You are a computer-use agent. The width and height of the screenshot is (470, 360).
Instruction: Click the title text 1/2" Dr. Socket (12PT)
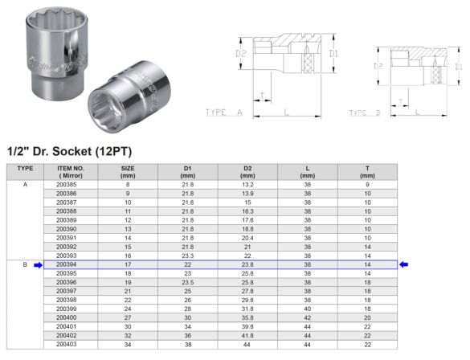coord(69,151)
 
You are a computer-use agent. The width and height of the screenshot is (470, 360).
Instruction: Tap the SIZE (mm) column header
coord(127,171)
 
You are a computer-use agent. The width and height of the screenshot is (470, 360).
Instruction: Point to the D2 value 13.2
coord(247,184)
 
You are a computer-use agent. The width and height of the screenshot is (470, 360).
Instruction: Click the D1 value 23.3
coord(187,256)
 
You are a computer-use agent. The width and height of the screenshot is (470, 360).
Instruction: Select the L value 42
coord(307,317)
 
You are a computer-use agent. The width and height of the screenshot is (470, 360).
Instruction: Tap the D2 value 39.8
coord(247,326)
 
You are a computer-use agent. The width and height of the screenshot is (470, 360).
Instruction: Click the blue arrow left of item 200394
coord(37,264)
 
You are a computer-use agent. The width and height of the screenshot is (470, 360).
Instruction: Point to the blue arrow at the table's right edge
coord(404,264)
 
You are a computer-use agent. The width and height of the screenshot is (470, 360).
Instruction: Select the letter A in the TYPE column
coord(25,184)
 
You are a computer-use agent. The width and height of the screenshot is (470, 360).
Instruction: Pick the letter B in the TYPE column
coord(25,264)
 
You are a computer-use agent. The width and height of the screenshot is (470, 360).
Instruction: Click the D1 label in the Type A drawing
coord(333,55)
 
